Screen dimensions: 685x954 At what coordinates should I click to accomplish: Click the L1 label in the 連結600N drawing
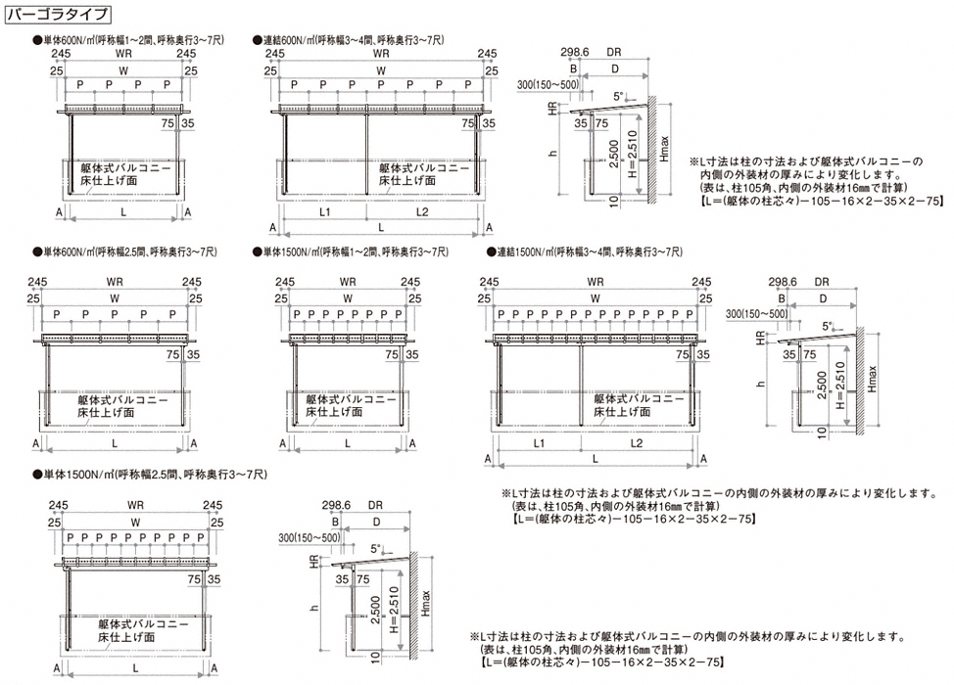click(x=324, y=211)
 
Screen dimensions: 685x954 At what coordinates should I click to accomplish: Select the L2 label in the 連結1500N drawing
click(x=636, y=444)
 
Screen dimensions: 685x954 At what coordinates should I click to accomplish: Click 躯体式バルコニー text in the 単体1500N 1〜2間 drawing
click(x=351, y=399)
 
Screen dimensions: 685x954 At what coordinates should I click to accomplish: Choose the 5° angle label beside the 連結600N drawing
click(x=617, y=96)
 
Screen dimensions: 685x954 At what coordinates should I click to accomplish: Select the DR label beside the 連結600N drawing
click(x=614, y=52)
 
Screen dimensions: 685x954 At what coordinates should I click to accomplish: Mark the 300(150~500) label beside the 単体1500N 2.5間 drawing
click(x=309, y=537)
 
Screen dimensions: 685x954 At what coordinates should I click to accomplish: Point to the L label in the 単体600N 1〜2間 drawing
click(x=120, y=211)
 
